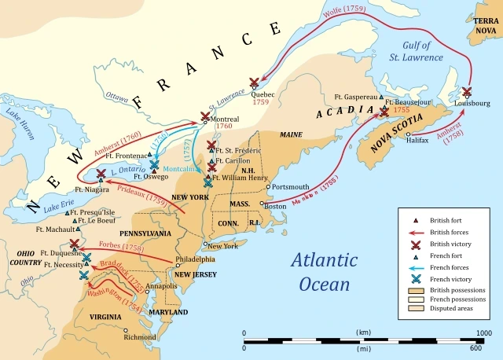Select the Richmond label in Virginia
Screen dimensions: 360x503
(139, 336)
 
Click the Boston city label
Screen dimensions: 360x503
(276, 207)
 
